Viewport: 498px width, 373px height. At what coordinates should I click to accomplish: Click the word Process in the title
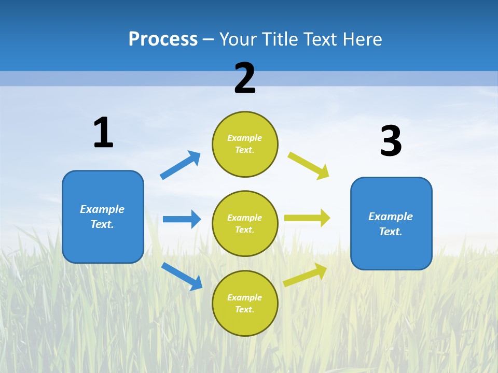point(163,39)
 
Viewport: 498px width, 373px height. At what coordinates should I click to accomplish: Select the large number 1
point(103,133)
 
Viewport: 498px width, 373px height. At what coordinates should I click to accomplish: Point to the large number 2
point(245,78)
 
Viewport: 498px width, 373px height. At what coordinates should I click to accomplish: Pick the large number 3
point(391,141)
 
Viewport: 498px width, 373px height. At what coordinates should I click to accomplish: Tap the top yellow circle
point(245,144)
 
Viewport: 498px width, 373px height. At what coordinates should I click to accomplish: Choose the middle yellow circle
point(245,224)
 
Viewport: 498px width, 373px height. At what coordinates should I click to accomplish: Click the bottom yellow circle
point(245,303)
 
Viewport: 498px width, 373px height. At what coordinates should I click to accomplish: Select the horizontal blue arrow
point(182,219)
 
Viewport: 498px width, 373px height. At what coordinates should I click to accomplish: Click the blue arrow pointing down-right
point(182,276)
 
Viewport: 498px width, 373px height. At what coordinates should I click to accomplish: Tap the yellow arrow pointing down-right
point(309,166)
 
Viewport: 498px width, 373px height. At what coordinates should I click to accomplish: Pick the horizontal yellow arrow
point(307,218)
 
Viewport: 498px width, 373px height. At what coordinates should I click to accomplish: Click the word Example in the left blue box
point(102,209)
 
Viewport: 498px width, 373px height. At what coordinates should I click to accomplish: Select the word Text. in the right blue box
point(391,232)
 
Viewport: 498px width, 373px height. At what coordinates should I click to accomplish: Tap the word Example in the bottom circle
point(245,297)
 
